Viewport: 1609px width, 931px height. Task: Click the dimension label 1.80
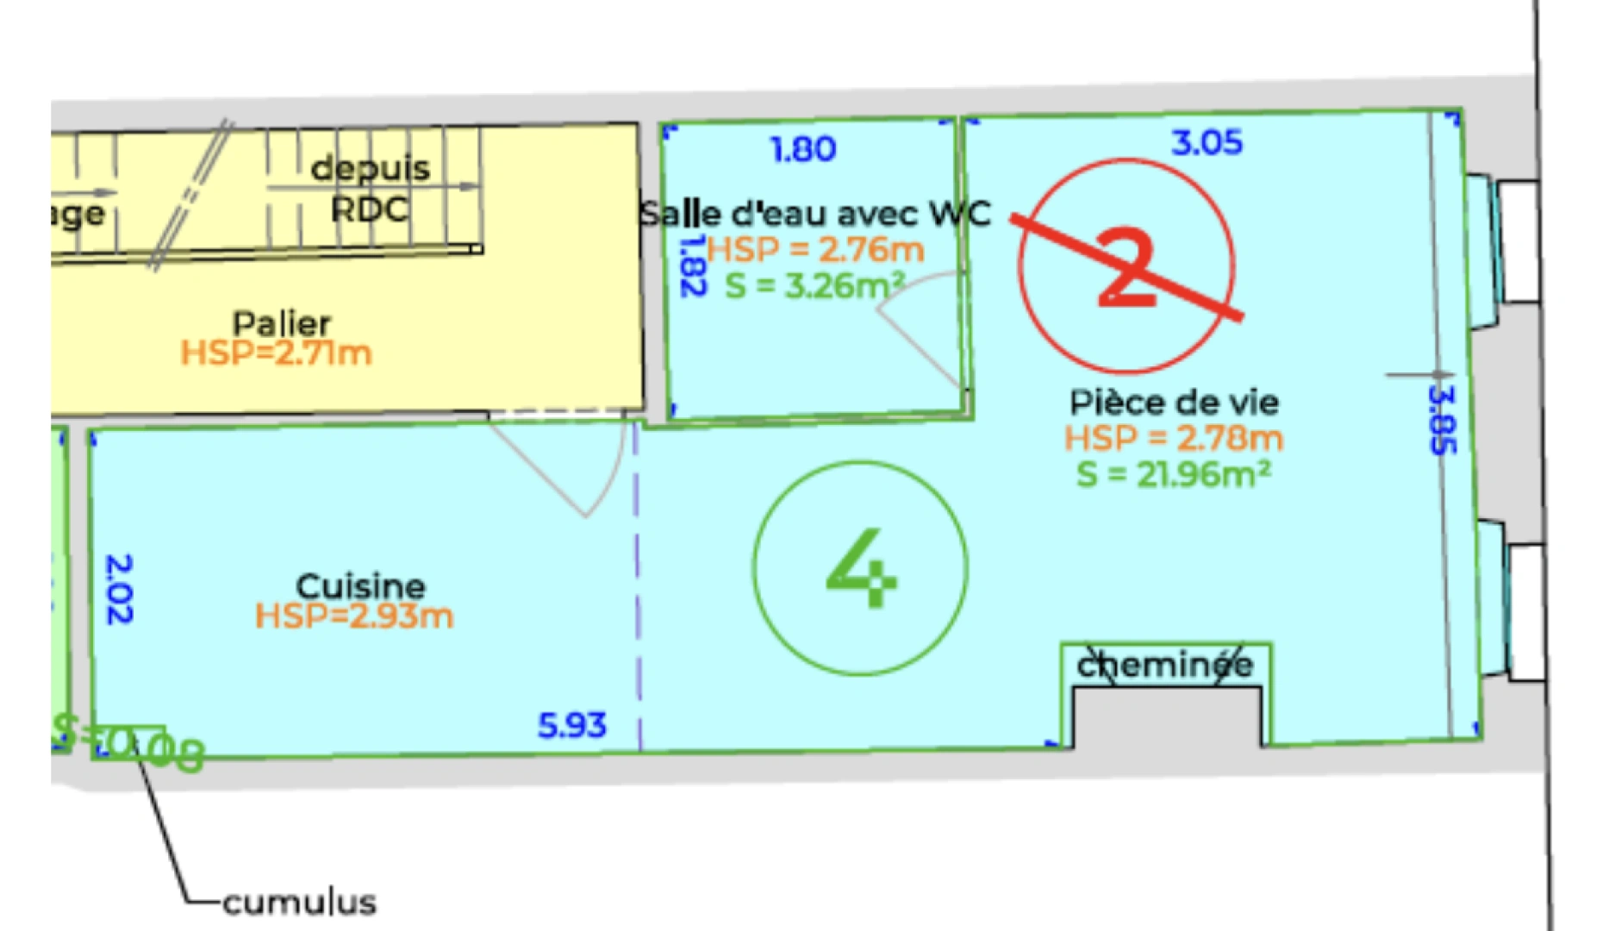pos(803,149)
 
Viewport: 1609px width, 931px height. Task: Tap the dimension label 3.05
pos(1207,142)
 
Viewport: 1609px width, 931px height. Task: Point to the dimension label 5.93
pos(572,726)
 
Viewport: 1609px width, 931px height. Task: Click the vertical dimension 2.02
pos(118,589)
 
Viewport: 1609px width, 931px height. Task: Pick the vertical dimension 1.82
pos(692,266)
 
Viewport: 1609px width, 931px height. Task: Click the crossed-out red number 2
pos(1126,266)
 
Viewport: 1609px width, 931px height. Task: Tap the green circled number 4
pos(861,568)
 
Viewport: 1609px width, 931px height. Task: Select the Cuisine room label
pos(360,586)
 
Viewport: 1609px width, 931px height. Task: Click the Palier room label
pos(282,323)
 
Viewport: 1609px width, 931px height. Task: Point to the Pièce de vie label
pos(1174,403)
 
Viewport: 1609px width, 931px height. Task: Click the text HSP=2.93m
pos(354,616)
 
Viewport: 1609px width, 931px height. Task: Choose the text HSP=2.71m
pos(276,353)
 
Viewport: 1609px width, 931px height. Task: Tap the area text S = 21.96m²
pos(1174,474)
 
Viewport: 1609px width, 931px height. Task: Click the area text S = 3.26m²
pos(814,285)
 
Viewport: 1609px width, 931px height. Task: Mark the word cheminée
pos(1165,665)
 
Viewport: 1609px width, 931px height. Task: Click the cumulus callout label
pos(299,903)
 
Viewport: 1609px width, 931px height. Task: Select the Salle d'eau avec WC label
pos(815,213)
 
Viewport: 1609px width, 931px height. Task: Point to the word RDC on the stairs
pos(370,209)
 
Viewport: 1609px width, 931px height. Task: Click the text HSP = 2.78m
pos(1174,439)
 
